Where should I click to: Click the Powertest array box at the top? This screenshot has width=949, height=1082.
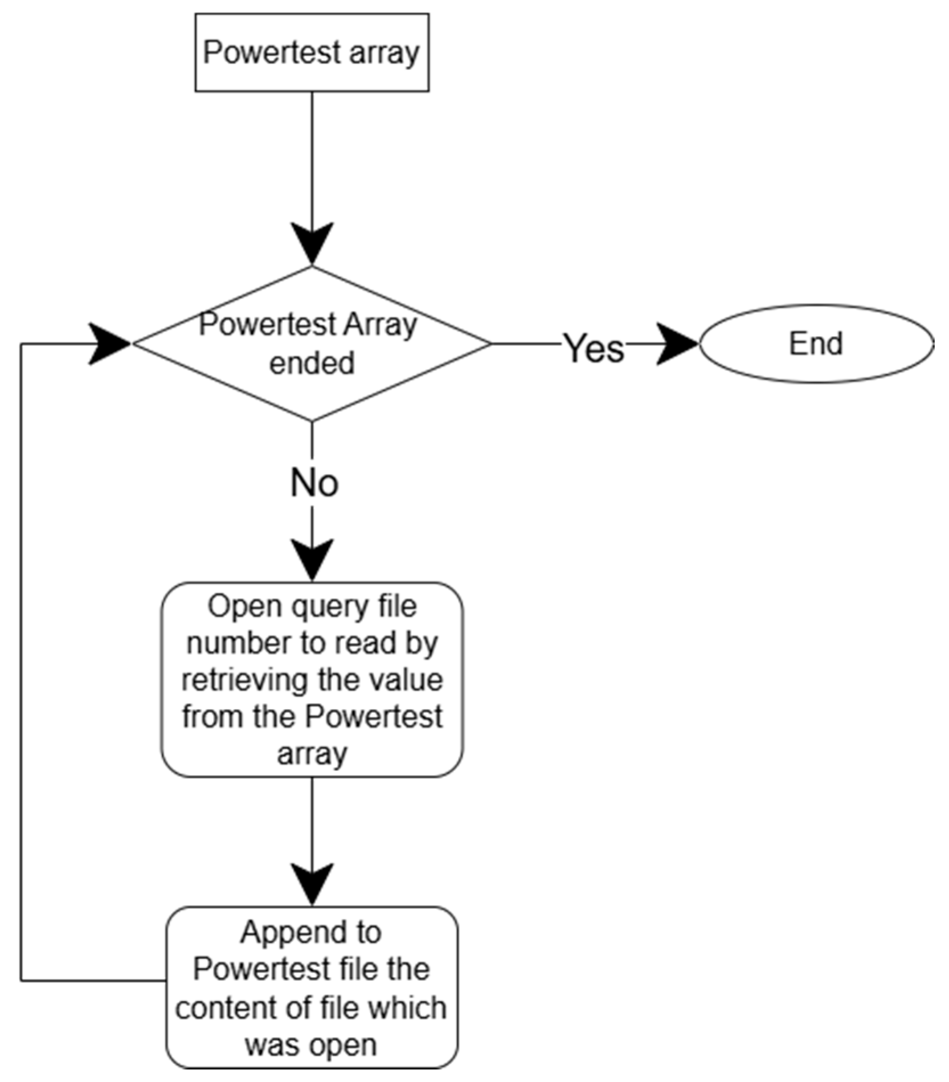point(312,52)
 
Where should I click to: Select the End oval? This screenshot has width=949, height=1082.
point(816,344)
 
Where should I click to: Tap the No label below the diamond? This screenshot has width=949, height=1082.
point(314,483)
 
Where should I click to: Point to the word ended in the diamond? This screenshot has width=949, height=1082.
point(312,364)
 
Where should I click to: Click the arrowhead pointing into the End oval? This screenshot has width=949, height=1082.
point(678,344)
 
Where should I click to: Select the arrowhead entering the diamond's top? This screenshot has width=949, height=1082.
point(312,243)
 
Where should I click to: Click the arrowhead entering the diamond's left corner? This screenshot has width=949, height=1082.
point(110,344)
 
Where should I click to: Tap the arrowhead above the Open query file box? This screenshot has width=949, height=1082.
point(312,560)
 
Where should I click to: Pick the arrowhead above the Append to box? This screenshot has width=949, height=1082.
point(312,883)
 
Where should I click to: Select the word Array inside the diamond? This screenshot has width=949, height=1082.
point(380,325)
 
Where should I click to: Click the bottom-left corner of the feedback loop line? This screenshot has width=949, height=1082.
point(21,981)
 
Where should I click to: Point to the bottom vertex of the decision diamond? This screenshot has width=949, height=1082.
point(312,420)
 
